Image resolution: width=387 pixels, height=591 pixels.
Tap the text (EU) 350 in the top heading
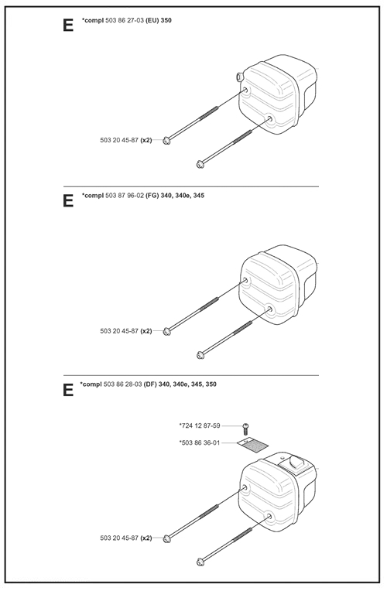pos(158,19)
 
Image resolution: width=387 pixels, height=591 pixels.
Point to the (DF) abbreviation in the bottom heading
pos(152,384)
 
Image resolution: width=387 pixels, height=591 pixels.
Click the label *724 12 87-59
pos(200,425)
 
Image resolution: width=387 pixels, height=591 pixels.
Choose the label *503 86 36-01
pos(200,442)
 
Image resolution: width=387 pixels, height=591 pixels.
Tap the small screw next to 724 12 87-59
pos(246,426)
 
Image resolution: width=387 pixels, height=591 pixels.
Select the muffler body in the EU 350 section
pos(278,92)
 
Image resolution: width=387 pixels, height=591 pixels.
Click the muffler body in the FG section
pos(278,282)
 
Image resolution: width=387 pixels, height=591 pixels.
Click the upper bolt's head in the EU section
pos(167,140)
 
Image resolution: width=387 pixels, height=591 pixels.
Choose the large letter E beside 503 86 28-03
pos(68,389)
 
